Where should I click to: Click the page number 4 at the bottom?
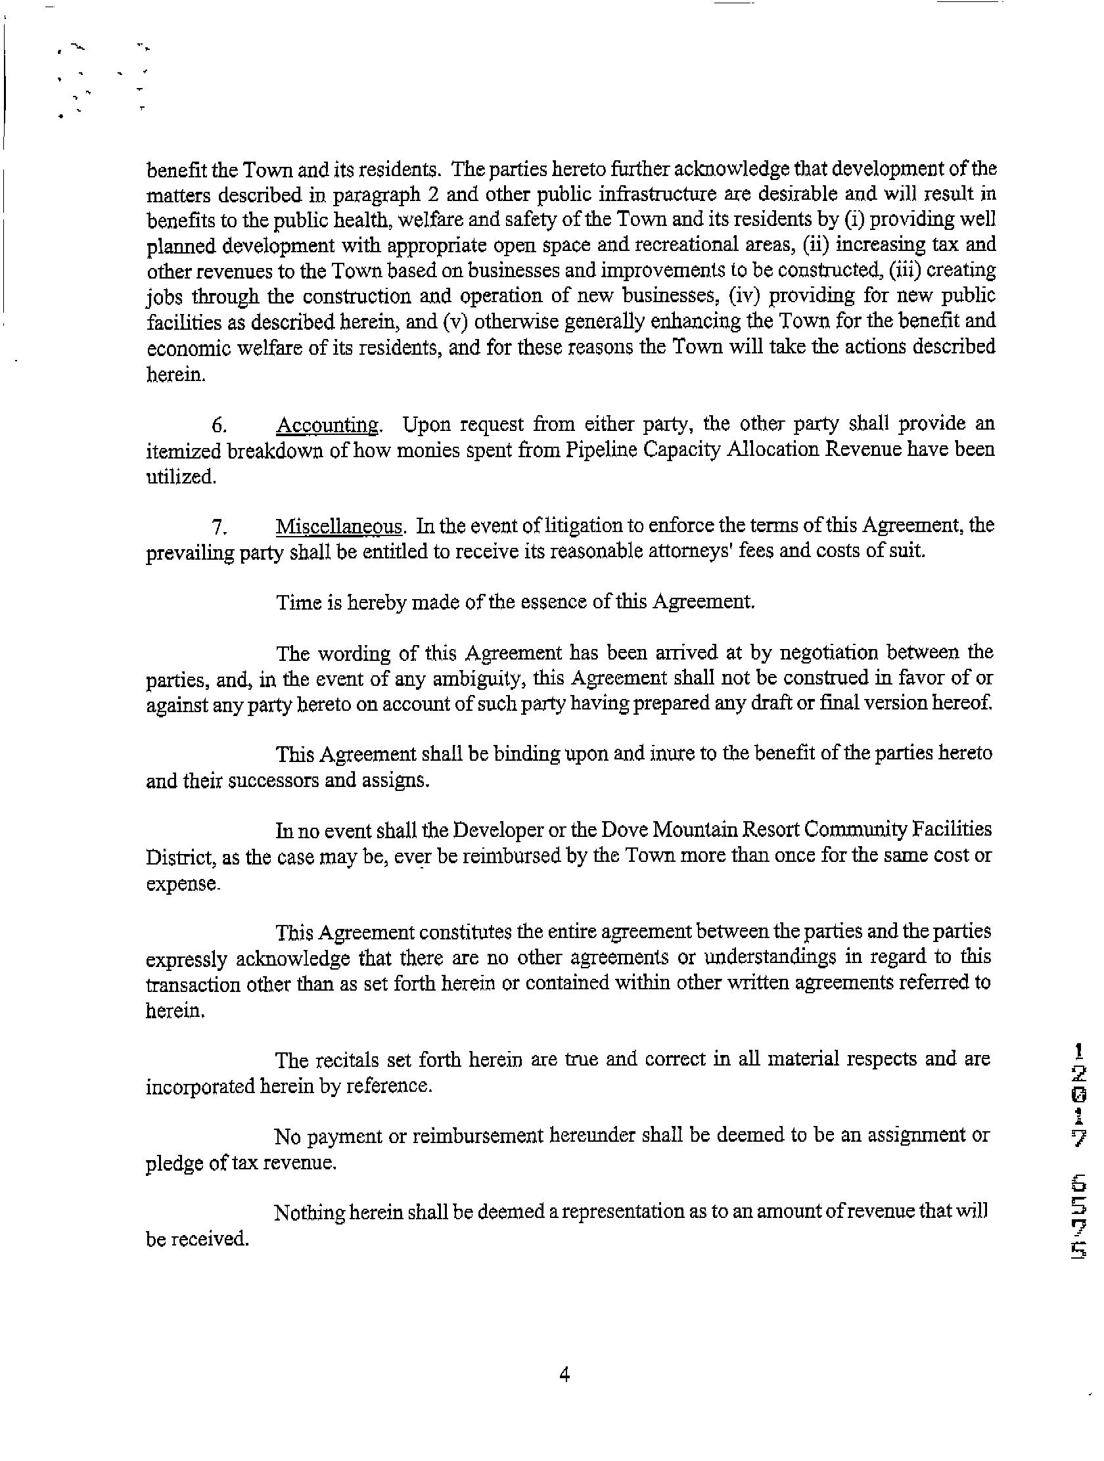564,1375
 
